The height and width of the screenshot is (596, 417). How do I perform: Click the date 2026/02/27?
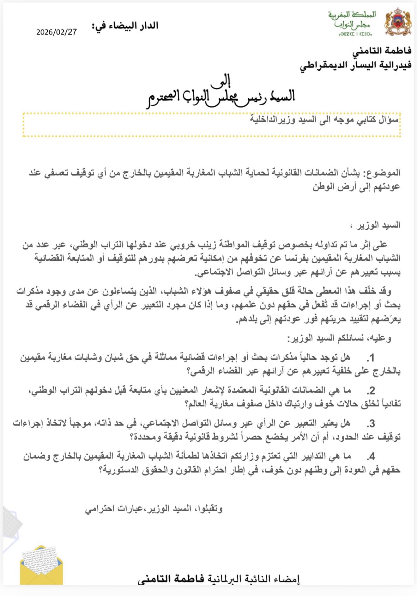click(x=57, y=32)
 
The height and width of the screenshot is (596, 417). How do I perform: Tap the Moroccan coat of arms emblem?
click(x=398, y=22)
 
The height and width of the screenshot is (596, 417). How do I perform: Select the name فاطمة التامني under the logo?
click(x=382, y=51)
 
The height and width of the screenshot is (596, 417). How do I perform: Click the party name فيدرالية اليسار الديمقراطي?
click(x=355, y=65)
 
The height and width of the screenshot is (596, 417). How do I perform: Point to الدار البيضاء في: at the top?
click(x=125, y=26)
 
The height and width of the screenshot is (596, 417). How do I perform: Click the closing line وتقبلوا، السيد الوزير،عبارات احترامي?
click(x=154, y=509)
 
